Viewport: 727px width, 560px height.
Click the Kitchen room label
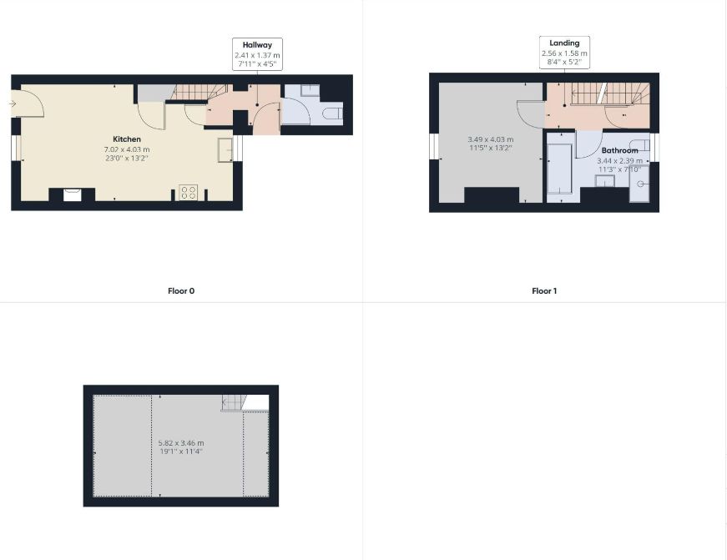point(127,139)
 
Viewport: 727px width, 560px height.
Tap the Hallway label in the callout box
point(257,45)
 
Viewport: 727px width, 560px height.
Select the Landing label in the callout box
point(564,43)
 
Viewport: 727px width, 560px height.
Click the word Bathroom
point(619,151)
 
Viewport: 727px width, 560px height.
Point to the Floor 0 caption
point(181,291)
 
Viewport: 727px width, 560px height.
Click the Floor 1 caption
point(544,291)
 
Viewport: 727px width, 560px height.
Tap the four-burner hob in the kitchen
point(189,193)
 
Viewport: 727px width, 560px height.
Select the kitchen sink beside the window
point(225,150)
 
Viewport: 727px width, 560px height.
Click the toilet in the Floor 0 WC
point(332,114)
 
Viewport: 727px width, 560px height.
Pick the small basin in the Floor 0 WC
point(310,90)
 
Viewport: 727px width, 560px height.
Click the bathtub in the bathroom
point(559,169)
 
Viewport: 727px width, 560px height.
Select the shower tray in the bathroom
point(639,184)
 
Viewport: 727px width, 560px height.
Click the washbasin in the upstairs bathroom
point(605,181)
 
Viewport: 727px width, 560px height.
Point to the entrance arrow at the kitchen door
point(13,103)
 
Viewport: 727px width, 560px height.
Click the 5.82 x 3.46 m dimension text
point(181,443)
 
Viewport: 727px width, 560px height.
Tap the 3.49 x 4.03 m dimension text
point(491,139)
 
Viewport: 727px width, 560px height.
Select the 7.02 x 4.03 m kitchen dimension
point(127,149)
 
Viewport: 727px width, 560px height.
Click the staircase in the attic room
point(233,403)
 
